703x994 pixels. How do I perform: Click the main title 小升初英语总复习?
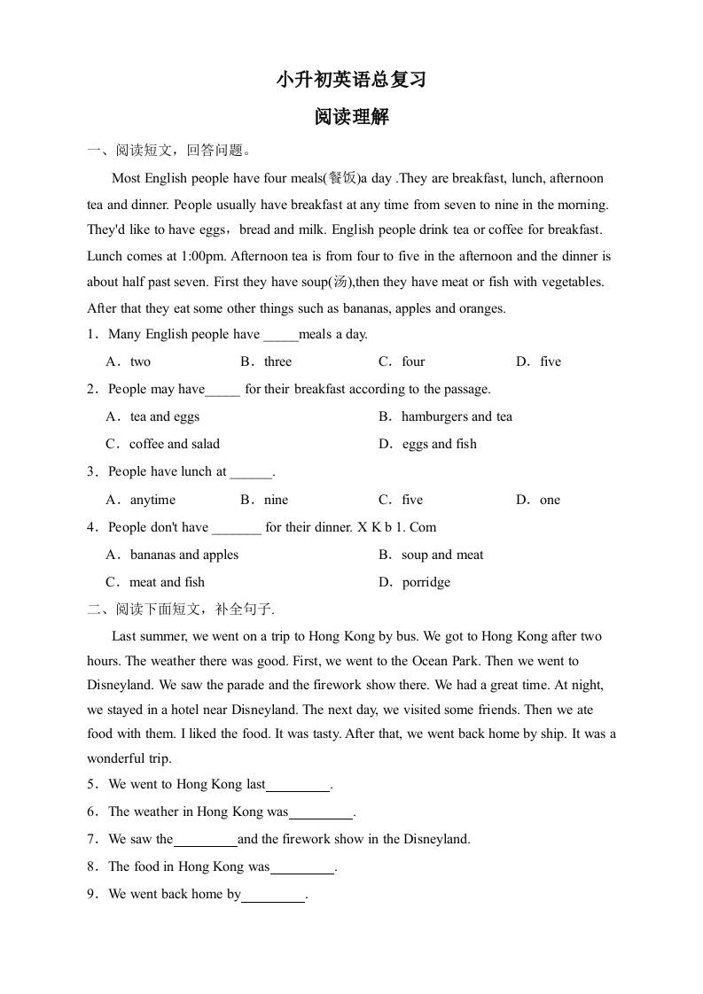pos(351,80)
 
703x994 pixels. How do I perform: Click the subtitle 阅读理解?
pos(351,117)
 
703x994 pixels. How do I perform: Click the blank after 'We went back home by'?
pos(273,896)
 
